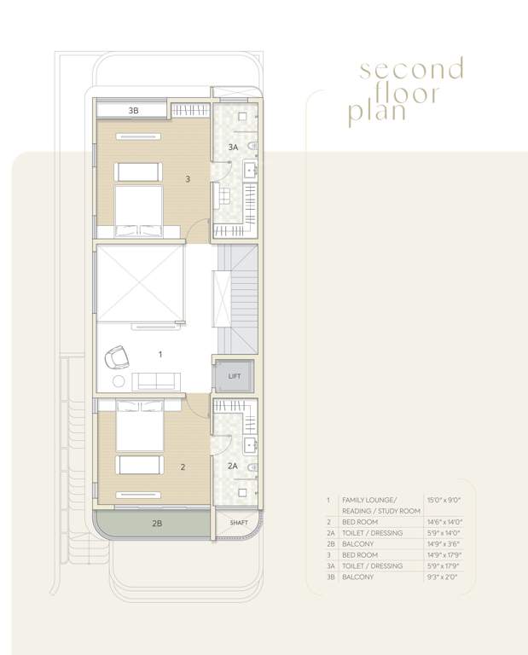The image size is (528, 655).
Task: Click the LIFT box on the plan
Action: (232, 375)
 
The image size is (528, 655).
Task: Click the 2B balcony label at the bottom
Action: (158, 523)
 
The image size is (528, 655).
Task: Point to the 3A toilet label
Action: (233, 148)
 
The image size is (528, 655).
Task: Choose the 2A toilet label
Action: (232, 466)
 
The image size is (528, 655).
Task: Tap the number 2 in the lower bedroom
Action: (183, 467)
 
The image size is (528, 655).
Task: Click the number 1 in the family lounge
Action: (160, 352)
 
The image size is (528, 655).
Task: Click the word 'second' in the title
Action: (411, 69)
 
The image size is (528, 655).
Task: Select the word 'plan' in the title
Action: (375, 113)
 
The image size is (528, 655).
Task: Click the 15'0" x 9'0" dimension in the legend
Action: (442, 499)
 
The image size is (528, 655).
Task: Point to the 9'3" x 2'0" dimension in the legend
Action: (441, 577)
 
